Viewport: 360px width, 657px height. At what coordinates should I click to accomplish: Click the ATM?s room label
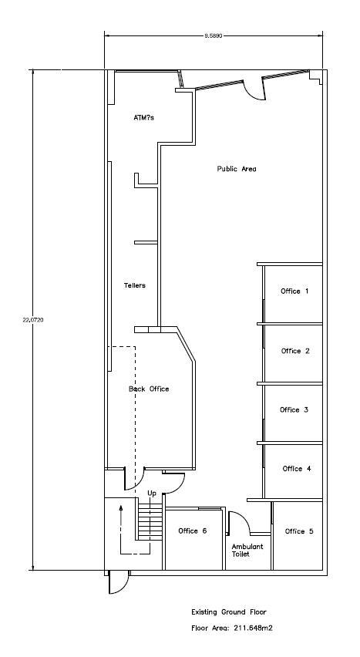pos(143,118)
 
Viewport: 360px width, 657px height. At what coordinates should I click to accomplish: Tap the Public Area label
pos(237,169)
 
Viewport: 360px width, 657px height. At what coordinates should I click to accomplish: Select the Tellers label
pos(135,285)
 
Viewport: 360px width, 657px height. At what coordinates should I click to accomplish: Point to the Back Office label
pos(149,389)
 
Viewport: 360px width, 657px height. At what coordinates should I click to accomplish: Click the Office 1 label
pos(294,291)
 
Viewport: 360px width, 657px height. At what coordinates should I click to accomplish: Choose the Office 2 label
pos(295,351)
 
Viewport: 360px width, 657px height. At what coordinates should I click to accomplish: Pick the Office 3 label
pos(294,409)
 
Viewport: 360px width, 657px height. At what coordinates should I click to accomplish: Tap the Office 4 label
pos(297,468)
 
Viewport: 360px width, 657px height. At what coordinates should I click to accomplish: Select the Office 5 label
pos(299,531)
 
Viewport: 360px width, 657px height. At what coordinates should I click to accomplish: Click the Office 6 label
pos(193,531)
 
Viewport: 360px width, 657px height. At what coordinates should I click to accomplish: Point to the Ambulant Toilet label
pos(247,550)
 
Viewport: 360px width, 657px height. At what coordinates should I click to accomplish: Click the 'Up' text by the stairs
pos(152,494)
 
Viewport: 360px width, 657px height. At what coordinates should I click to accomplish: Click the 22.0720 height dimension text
pos(33,320)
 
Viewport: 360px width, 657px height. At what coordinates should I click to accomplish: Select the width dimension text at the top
pos(214,36)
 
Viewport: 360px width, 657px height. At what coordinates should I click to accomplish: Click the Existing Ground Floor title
pos(229,612)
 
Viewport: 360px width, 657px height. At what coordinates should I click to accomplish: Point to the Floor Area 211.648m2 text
pos(232,628)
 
